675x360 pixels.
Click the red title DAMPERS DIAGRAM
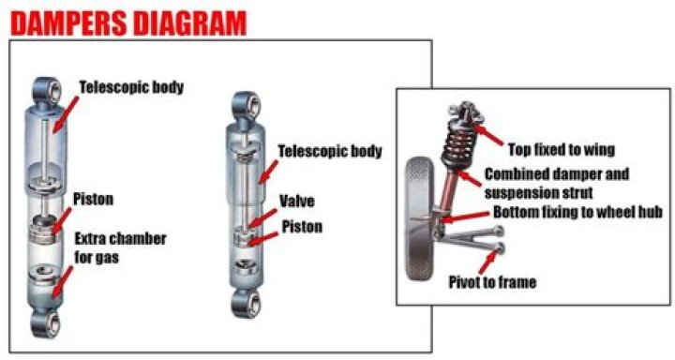[128, 23]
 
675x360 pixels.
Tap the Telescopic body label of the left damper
[131, 87]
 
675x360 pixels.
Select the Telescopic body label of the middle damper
[330, 151]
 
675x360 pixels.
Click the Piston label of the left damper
[93, 199]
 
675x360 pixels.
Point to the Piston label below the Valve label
[302, 227]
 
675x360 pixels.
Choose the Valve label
[297, 202]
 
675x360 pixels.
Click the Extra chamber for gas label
[120, 248]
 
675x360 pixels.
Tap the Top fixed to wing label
[562, 149]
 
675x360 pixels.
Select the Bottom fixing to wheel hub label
[577, 212]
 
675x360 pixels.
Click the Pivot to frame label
[492, 282]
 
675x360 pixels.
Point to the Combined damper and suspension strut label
[557, 183]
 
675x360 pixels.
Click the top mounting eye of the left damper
[48, 90]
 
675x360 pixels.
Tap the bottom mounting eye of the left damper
[46, 322]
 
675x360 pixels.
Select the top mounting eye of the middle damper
[246, 106]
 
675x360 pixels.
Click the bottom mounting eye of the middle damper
[246, 303]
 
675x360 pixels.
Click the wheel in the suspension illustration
[420, 219]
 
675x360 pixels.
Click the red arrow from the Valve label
[262, 218]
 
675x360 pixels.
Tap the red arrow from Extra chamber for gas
[63, 281]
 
